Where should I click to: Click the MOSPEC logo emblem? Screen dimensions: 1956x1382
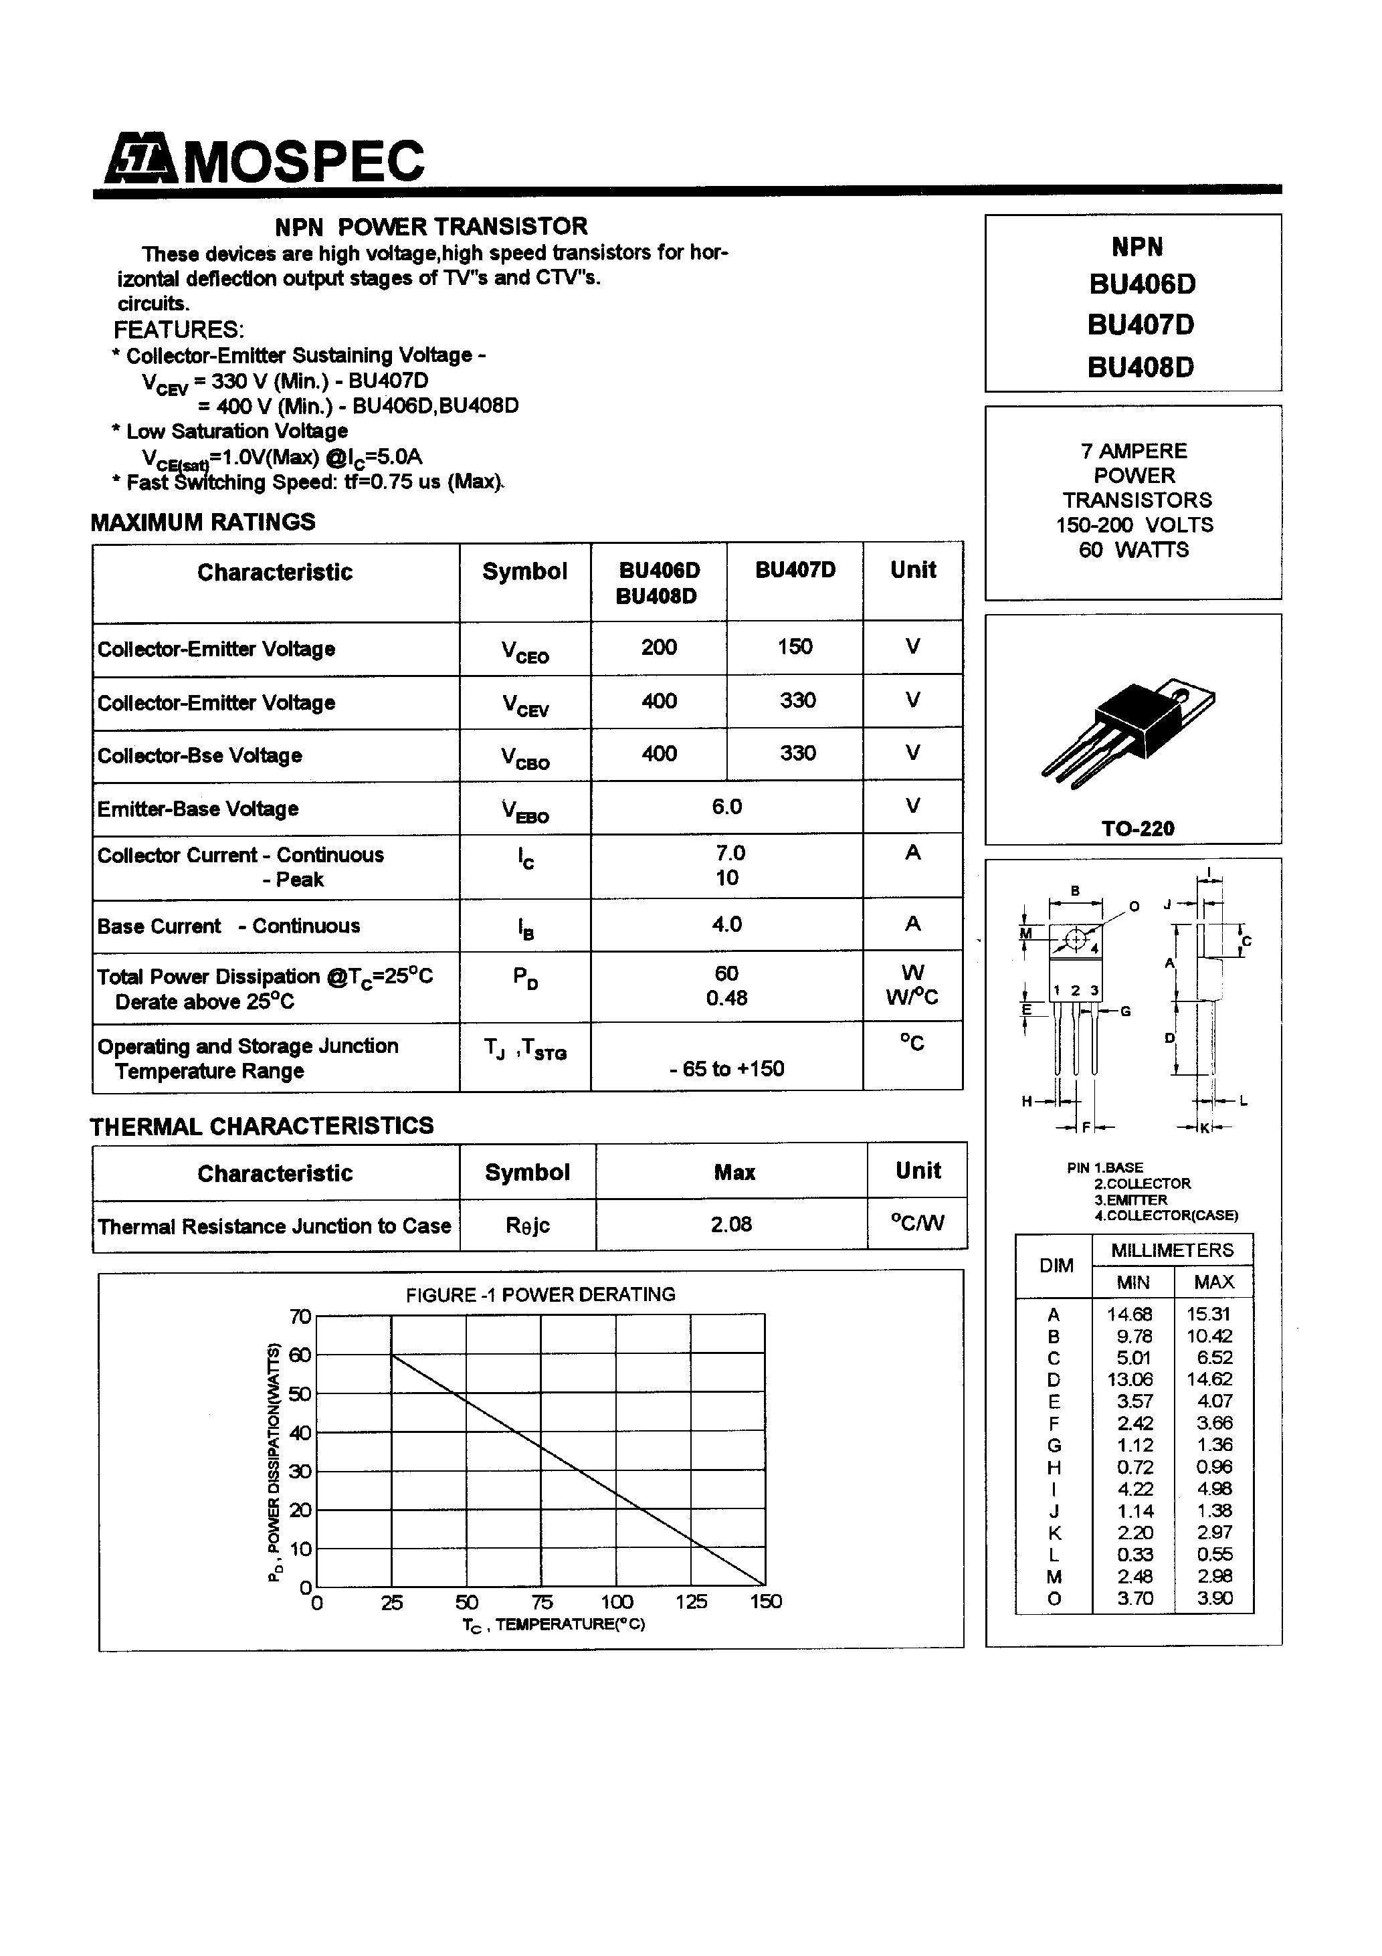click(140, 161)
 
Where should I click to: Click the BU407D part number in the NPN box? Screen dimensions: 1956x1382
click(1140, 325)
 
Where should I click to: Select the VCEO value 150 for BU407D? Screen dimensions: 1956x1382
click(794, 648)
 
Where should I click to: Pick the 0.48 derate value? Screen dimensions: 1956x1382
click(726, 997)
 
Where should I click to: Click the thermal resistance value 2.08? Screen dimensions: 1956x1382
click(731, 1224)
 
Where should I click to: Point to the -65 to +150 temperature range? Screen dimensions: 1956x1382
click(726, 1069)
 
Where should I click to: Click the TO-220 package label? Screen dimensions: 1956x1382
click(1137, 828)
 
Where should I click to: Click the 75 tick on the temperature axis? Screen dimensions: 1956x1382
click(542, 1602)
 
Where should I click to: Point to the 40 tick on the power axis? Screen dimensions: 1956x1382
click(300, 1433)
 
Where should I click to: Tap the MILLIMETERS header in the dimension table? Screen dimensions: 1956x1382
click(1171, 1250)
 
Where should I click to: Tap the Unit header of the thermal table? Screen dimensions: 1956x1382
click(918, 1171)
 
